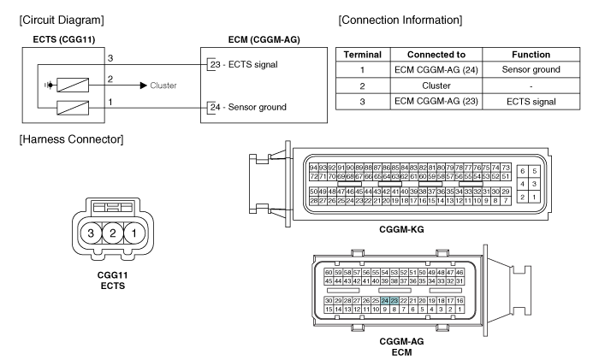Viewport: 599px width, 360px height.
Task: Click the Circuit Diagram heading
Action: pos(62,20)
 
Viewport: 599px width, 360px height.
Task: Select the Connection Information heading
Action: pos(400,20)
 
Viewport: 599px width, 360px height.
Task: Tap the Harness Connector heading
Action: pos(71,139)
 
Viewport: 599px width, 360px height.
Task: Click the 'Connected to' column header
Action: pos(436,55)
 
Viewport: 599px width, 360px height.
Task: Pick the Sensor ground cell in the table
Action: pos(531,69)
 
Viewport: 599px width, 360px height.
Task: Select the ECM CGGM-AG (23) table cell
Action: pos(436,101)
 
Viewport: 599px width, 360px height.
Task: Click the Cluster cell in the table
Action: pos(436,86)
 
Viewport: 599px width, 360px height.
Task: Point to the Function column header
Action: pos(531,55)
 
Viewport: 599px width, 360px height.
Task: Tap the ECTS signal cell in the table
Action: pos(531,102)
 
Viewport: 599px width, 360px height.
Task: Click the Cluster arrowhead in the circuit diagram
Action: pos(144,86)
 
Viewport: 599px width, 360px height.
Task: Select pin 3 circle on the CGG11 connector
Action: pos(91,233)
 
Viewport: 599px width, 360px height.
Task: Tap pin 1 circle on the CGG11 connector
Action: pos(134,233)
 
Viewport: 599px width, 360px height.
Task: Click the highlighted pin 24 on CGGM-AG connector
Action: pos(385,301)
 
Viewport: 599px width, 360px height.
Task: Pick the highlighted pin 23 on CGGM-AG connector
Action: pos(394,301)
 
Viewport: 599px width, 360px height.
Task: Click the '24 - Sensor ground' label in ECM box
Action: pos(248,107)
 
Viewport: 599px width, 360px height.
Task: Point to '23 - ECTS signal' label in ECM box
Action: pos(244,64)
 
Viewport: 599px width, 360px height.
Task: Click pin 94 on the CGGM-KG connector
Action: pos(313,168)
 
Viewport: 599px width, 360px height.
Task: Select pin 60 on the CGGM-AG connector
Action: pos(329,273)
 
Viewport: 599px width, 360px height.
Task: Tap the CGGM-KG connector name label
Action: pos(401,229)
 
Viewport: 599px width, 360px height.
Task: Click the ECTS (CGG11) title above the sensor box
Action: pos(64,39)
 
